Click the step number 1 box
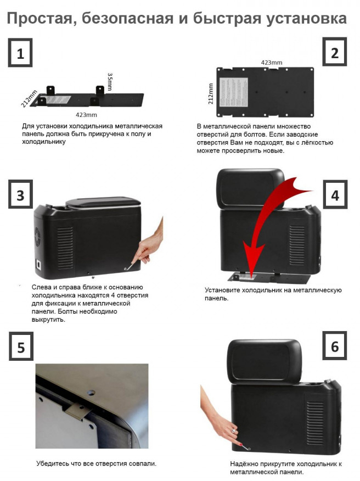20,53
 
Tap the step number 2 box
335,52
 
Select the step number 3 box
20,194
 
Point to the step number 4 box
335,194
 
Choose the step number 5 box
21,346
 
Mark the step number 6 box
335,346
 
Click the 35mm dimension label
110,82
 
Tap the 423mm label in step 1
87,115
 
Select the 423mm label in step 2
272,63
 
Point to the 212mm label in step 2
211,94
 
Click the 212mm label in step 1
29,99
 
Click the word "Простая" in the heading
42,19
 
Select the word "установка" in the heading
306,19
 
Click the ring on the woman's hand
234,431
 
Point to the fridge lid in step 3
103,203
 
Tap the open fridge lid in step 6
265,361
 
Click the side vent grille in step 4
297,245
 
